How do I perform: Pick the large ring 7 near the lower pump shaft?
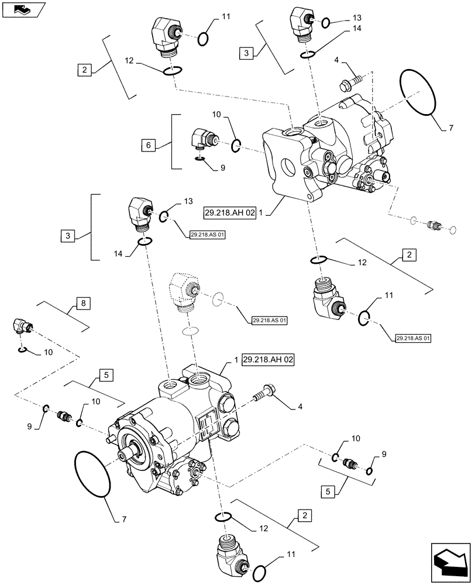click(92, 474)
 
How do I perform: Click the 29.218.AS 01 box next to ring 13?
click(208, 234)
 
